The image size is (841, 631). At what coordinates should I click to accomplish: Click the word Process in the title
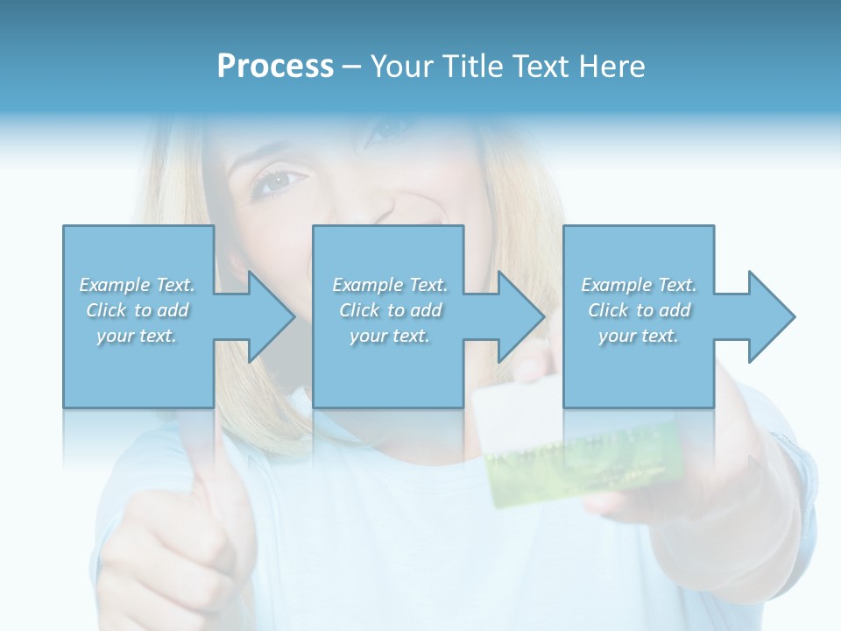point(275,67)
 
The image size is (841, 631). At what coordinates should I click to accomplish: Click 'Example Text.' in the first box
point(137,285)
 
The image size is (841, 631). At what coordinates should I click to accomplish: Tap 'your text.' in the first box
point(137,336)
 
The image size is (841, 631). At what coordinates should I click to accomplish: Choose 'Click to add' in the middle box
point(390,310)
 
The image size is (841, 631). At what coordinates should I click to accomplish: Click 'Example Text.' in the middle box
point(390,285)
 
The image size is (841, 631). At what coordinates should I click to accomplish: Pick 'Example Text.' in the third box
point(639,285)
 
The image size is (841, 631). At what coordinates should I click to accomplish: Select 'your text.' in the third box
point(639,336)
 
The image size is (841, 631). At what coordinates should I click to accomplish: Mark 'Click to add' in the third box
point(639,310)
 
